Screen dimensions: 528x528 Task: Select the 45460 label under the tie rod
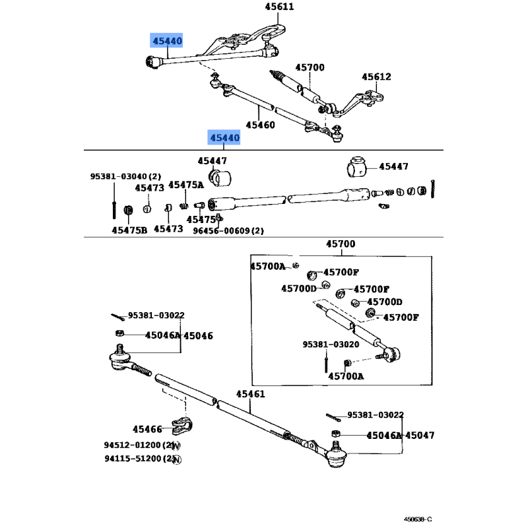click(x=260, y=124)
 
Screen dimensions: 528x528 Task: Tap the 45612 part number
click(x=376, y=77)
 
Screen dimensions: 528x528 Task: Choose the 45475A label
click(x=186, y=185)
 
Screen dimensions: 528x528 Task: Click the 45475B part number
click(x=129, y=230)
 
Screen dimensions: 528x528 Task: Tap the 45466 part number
click(x=147, y=429)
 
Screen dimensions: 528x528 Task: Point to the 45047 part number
click(x=420, y=436)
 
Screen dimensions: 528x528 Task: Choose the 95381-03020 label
click(x=331, y=344)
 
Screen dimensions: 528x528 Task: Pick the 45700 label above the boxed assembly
click(x=340, y=244)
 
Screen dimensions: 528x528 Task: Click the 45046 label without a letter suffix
click(x=198, y=335)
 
